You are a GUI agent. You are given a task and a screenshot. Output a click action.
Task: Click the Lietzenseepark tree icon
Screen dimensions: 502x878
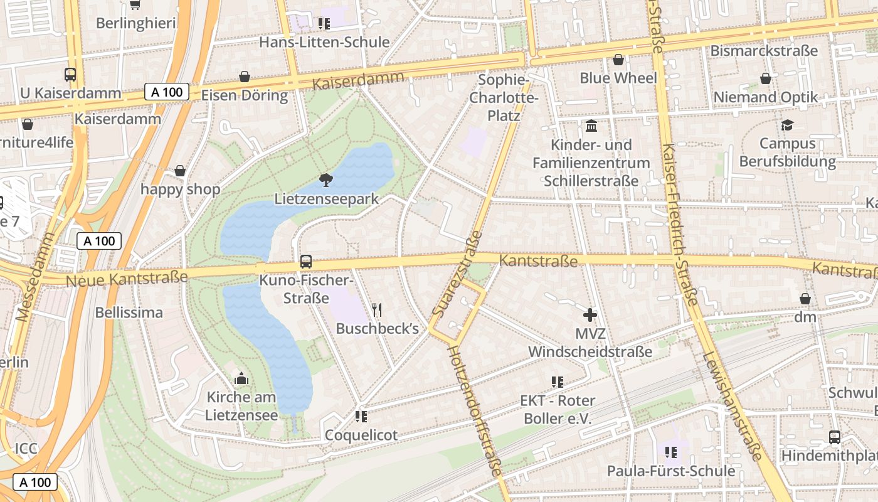(x=325, y=180)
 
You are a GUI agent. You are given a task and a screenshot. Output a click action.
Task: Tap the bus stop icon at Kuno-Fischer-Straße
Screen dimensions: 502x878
(x=306, y=261)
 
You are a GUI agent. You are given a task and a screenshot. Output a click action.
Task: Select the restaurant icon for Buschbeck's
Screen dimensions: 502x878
(x=377, y=309)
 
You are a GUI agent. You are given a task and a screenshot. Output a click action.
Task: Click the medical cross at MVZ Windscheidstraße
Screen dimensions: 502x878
(x=590, y=315)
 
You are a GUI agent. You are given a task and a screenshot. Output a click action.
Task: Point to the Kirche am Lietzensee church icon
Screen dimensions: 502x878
(x=241, y=379)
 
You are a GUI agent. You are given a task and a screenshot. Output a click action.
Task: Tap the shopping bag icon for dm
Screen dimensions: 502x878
(x=805, y=299)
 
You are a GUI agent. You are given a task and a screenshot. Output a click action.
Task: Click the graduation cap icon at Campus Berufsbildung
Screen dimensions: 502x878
(x=787, y=125)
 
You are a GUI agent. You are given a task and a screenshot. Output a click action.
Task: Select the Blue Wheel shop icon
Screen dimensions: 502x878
(x=618, y=60)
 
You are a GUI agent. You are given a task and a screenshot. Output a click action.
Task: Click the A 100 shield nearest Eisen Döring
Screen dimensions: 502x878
(x=167, y=92)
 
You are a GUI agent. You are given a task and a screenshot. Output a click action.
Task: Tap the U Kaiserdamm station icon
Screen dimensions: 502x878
(x=70, y=75)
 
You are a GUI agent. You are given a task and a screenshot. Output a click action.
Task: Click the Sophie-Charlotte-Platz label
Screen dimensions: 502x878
(x=504, y=98)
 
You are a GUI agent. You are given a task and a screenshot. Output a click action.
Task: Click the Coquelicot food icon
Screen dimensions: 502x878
(x=361, y=416)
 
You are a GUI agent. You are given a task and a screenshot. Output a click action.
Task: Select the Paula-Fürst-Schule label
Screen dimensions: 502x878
(x=670, y=471)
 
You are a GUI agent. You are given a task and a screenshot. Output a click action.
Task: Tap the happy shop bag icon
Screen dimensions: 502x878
(x=180, y=171)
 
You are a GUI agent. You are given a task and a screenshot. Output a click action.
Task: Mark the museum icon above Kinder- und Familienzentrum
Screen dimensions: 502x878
(x=591, y=126)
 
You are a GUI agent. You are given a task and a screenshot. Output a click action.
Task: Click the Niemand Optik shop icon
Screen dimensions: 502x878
(x=765, y=78)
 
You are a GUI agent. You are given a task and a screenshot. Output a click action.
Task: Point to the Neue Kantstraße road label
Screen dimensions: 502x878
(x=127, y=278)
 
